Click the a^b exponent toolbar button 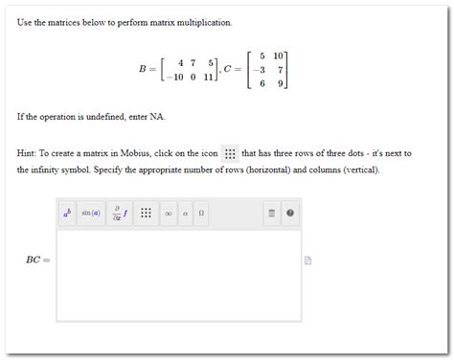pos(68,214)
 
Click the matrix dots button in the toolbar pos(146,214)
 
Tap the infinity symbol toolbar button pos(168,214)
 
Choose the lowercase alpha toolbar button pos(185,214)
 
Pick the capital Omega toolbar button pos(201,214)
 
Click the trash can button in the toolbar pos(271,214)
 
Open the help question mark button pos(290,214)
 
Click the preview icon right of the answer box pos(308,259)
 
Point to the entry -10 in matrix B pos(173,78)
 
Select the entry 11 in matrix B pos(210,78)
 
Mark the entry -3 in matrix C pos(258,70)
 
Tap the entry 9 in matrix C pos(279,83)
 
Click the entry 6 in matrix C pos(261,83)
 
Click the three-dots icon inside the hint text pos(229,153)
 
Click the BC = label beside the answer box pos(38,259)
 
